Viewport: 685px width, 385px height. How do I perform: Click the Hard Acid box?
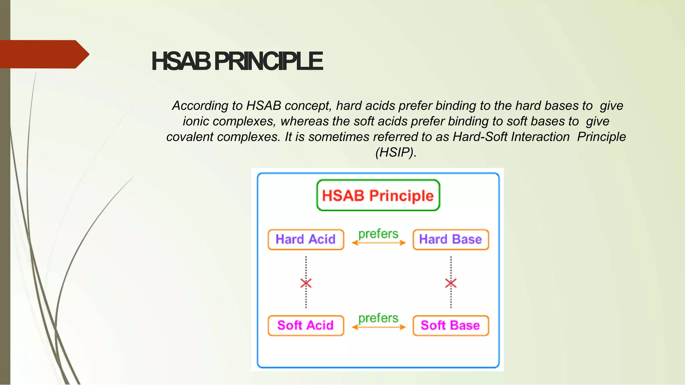pos(306,239)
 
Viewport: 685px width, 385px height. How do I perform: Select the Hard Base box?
pos(451,239)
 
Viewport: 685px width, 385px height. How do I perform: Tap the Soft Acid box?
pos(306,325)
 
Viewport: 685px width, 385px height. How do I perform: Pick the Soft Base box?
pos(451,325)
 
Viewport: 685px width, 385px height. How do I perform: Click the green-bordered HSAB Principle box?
pos(378,195)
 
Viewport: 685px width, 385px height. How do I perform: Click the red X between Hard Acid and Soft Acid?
pos(306,283)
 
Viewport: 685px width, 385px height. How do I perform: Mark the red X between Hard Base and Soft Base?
pos(451,283)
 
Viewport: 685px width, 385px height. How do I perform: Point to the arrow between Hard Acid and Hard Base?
pos(379,243)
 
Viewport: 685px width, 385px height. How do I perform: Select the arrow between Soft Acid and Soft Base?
pos(379,327)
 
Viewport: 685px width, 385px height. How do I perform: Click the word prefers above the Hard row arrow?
pos(378,234)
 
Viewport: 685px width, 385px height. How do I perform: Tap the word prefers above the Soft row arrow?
pos(378,318)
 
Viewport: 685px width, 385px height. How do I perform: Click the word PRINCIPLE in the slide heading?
pos(268,61)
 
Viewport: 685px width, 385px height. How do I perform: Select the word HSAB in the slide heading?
pos(181,61)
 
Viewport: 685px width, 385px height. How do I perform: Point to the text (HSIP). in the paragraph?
pos(396,152)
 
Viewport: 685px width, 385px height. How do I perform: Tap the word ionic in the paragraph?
pos(195,121)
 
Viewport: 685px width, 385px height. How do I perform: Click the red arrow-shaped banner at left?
pos(43,54)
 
